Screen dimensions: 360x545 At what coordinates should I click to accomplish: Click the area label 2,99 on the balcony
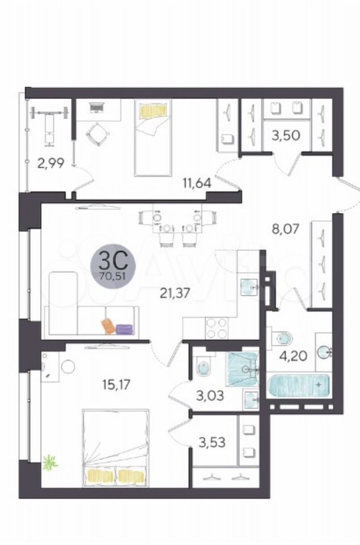[x=51, y=163]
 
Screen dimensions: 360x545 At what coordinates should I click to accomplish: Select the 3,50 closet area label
[x=286, y=135]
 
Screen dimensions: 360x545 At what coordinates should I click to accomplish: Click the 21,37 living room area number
[x=175, y=294]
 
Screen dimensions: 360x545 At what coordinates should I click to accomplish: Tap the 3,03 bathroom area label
[x=210, y=395]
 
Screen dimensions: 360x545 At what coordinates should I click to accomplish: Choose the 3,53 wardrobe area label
[x=212, y=442]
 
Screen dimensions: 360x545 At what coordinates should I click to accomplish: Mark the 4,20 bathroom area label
[x=294, y=356]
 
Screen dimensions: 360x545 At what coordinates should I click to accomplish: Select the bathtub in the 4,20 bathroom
[x=299, y=385]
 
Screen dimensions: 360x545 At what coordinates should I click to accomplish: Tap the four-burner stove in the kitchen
[x=216, y=328]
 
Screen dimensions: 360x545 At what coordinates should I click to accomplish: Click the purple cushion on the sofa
[x=125, y=329]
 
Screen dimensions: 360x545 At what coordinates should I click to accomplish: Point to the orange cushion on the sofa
[x=108, y=326]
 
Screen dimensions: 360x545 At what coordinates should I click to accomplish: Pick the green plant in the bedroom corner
[x=50, y=462]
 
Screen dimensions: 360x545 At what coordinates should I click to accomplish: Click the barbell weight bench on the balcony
[x=49, y=123]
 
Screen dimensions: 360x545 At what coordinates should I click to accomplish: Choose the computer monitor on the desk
[x=97, y=108]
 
